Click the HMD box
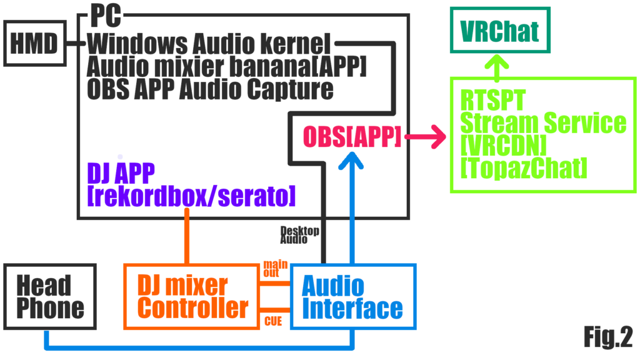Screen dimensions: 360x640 click(x=34, y=44)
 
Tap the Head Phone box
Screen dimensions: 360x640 click(x=50, y=297)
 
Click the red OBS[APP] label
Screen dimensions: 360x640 click(x=351, y=136)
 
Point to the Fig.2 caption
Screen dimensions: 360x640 click(x=607, y=337)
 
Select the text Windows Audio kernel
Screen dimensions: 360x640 click(x=209, y=44)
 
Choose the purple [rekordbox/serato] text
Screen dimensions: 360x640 click(x=191, y=196)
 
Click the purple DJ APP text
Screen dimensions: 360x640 click(x=121, y=172)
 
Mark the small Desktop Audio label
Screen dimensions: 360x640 click(x=299, y=235)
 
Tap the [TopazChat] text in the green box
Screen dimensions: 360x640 click(x=524, y=167)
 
